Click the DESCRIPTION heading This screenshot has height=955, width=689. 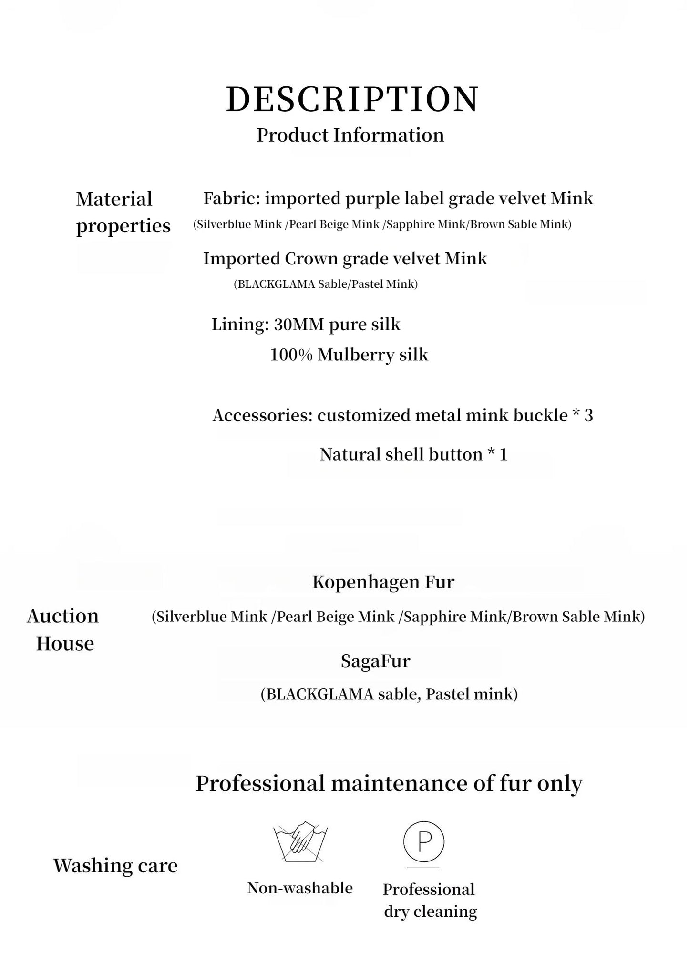point(352,99)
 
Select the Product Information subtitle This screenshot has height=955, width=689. point(350,135)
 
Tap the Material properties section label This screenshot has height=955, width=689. point(123,212)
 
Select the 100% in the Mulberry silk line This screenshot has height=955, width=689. point(291,355)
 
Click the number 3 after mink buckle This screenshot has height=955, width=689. point(588,416)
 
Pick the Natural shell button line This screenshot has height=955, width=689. point(413,454)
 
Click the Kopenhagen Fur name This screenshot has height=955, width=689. point(383,582)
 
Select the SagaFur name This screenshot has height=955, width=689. point(375,661)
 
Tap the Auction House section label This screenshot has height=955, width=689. point(63,630)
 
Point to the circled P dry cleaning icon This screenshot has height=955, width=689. point(423,842)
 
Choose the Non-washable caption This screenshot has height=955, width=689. point(300,888)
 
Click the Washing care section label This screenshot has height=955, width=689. point(115,865)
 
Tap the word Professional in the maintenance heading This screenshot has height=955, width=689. point(260,783)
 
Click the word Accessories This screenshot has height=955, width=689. point(262,416)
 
